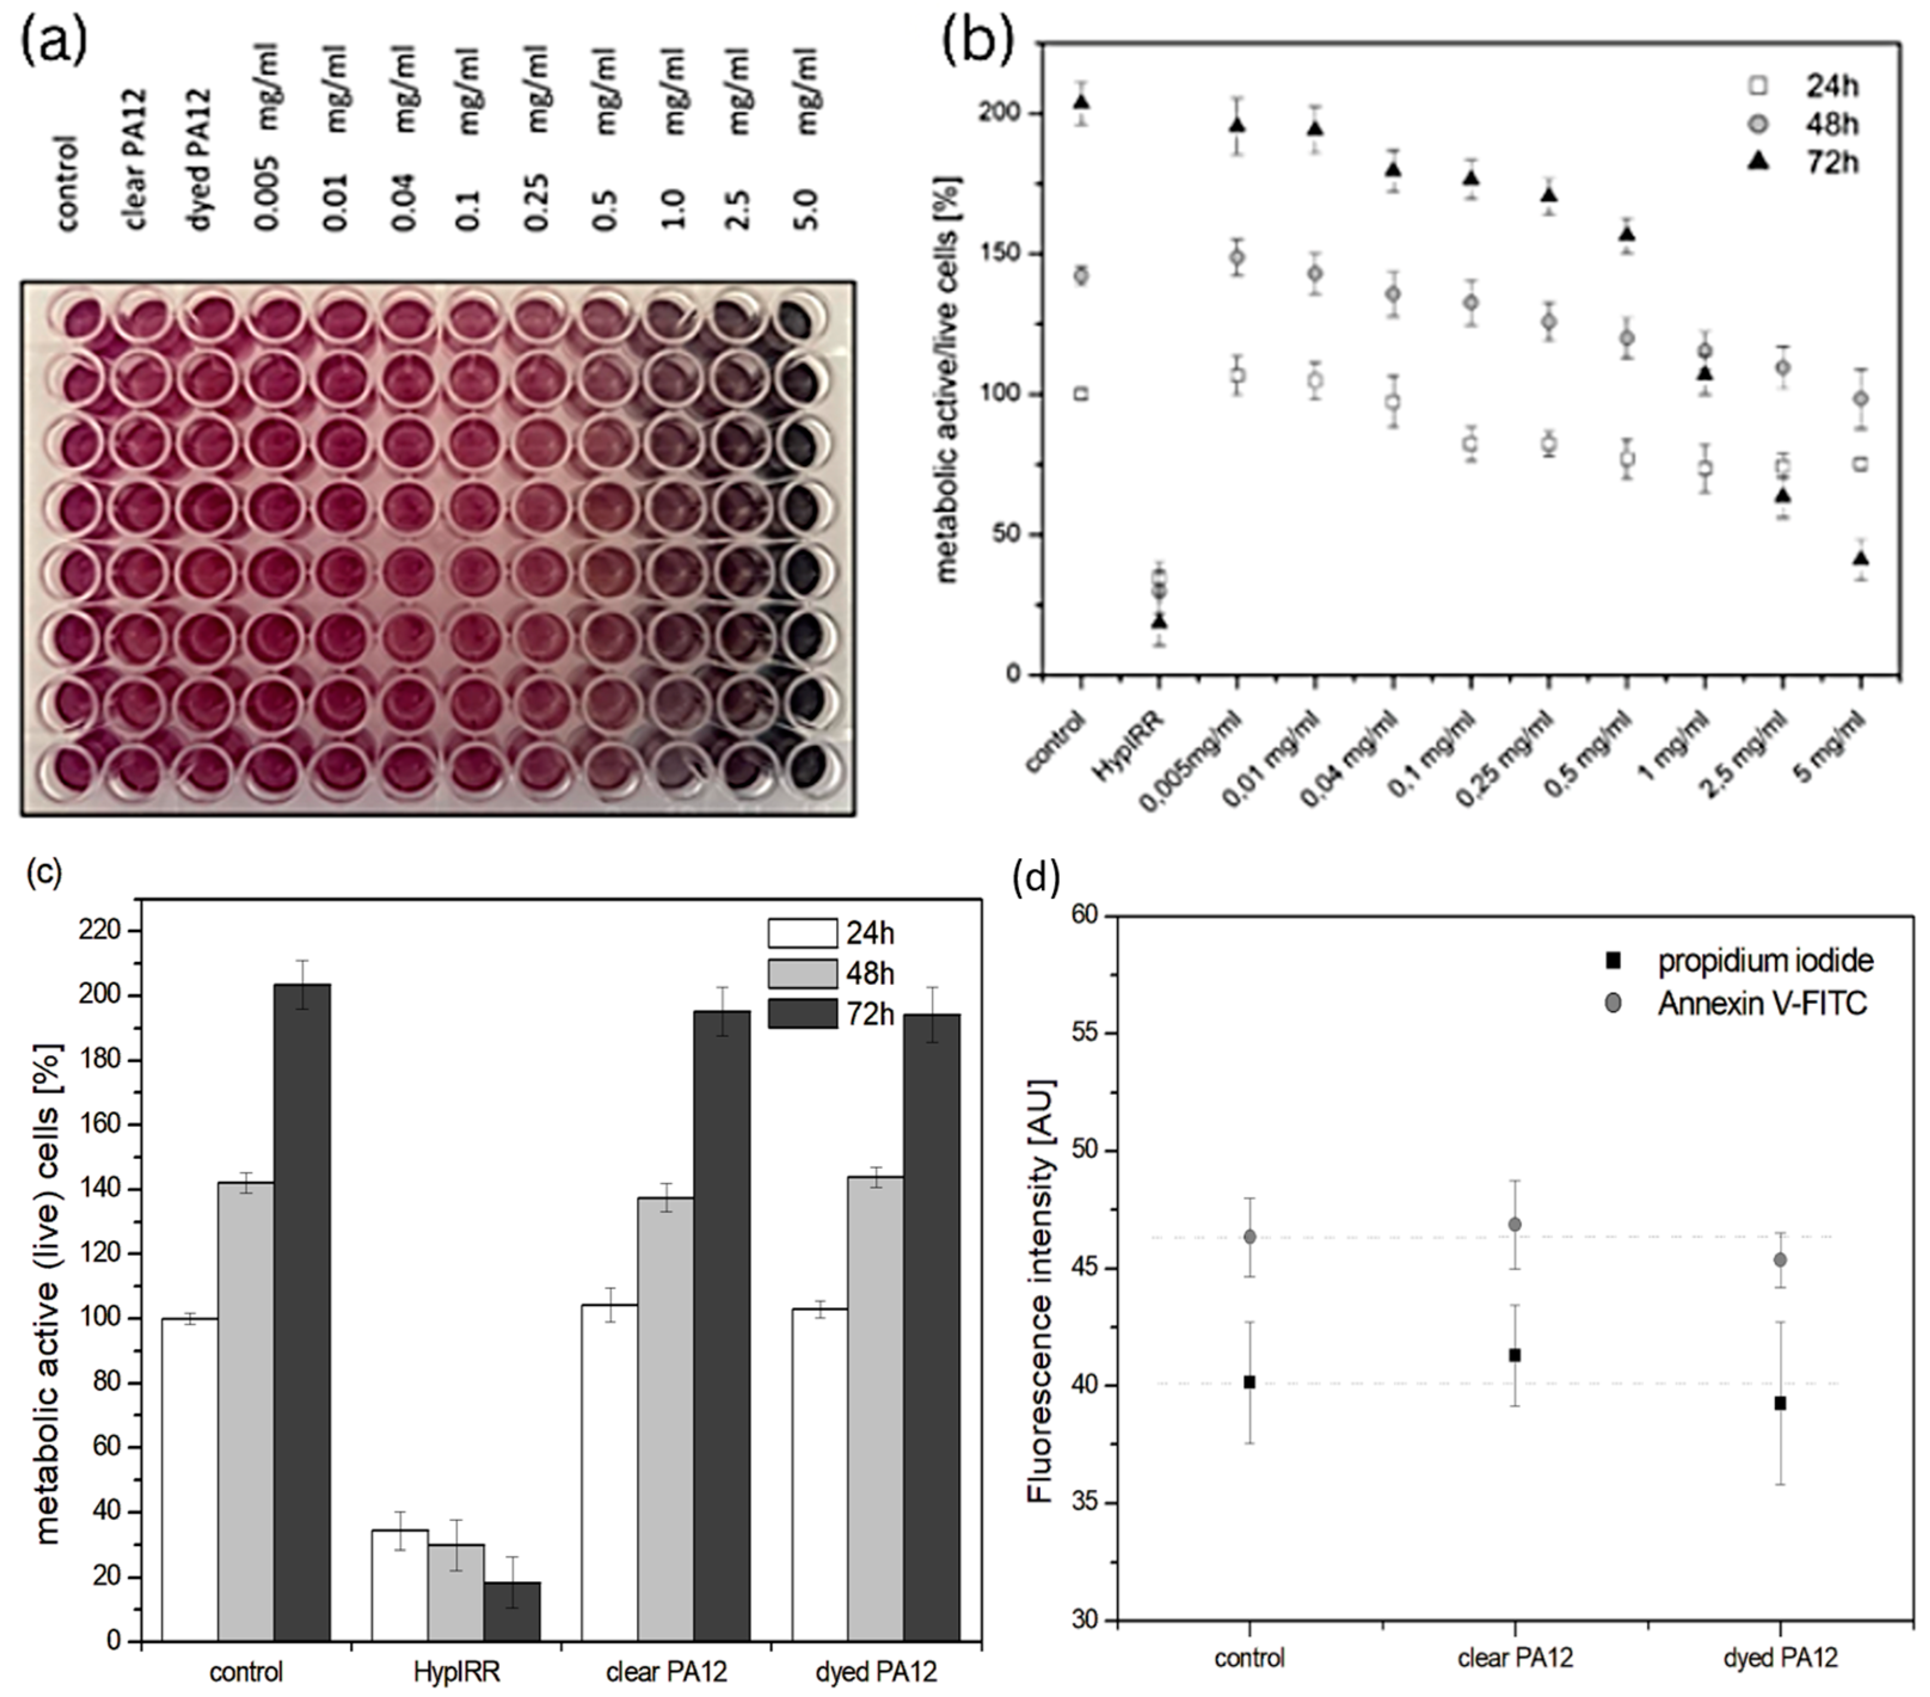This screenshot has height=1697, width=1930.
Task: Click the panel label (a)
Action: [54, 39]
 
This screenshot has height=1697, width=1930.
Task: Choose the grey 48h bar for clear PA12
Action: [665, 1425]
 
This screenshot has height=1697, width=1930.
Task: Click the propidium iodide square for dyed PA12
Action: [1780, 1403]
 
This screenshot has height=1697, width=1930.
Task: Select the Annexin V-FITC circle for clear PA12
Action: [1514, 1224]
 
